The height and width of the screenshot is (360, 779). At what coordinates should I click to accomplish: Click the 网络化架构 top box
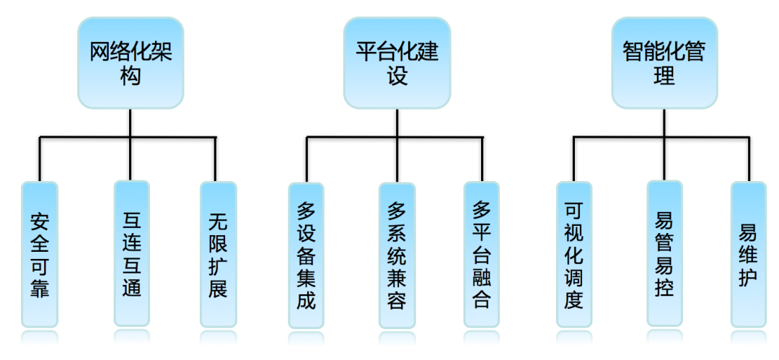(x=131, y=63)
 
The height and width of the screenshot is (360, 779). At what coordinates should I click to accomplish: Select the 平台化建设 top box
(x=397, y=63)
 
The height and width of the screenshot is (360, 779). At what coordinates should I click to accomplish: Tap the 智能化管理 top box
(x=664, y=63)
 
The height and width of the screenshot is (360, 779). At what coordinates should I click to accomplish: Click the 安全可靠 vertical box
(x=40, y=254)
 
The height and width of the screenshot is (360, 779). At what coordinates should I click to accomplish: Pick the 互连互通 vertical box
(x=132, y=253)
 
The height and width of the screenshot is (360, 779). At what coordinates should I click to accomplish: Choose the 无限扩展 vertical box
(x=218, y=254)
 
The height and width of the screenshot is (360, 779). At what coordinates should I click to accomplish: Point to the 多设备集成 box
(x=306, y=255)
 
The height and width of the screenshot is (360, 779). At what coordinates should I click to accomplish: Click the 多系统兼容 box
(x=397, y=255)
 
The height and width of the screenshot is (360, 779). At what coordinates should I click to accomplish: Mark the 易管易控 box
(x=664, y=253)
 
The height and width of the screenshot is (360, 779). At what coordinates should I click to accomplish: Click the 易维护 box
(x=748, y=254)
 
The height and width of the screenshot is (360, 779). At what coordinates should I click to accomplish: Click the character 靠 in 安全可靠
(x=40, y=289)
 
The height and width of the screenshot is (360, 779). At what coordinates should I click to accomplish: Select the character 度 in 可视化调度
(x=574, y=299)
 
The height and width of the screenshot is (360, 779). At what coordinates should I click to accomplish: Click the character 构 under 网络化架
(x=131, y=76)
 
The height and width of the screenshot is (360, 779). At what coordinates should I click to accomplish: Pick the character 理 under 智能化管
(x=664, y=76)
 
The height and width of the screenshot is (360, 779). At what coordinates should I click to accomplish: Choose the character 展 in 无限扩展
(x=218, y=289)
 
